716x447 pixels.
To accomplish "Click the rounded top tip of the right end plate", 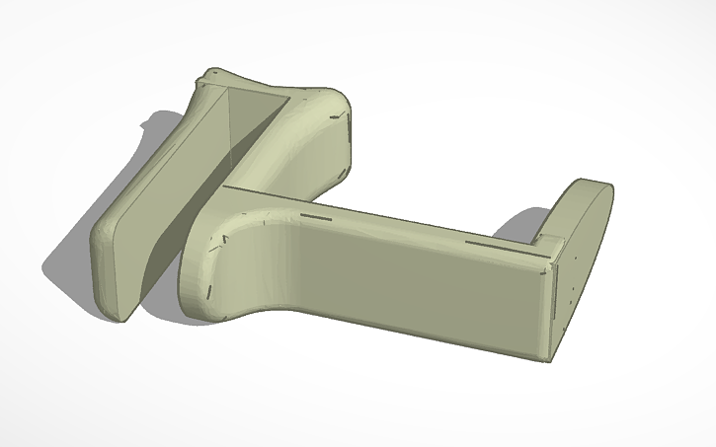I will [x=593, y=185].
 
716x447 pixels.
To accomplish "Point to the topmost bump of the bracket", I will [x=212, y=73].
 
